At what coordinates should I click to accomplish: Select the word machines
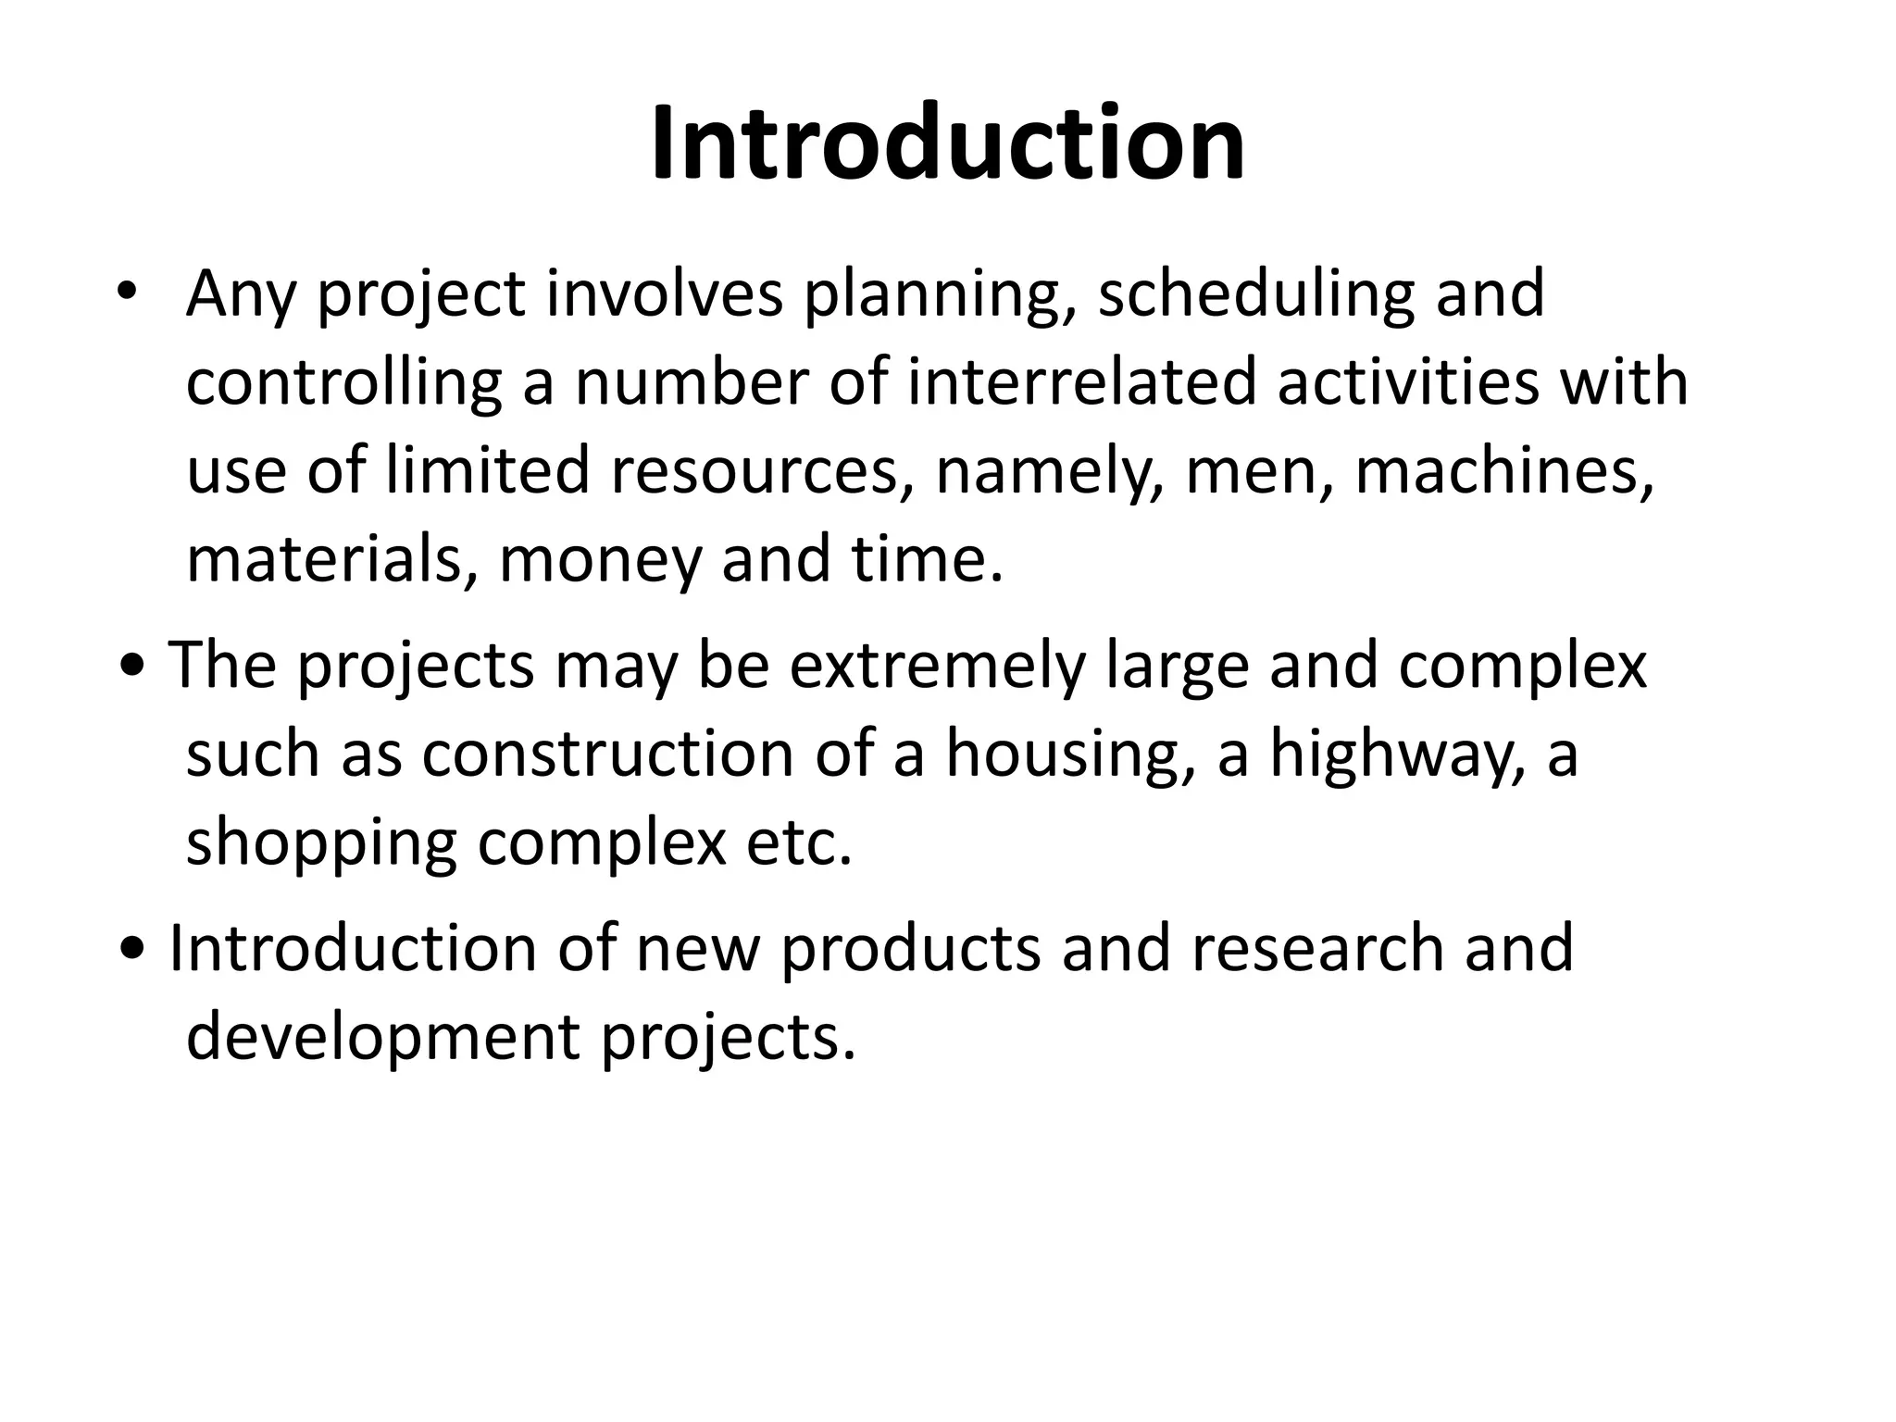click(x=1504, y=471)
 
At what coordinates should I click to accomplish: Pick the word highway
click(x=1395, y=755)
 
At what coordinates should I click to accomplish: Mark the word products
click(x=912, y=949)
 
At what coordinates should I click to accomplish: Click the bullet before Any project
click(x=127, y=293)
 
